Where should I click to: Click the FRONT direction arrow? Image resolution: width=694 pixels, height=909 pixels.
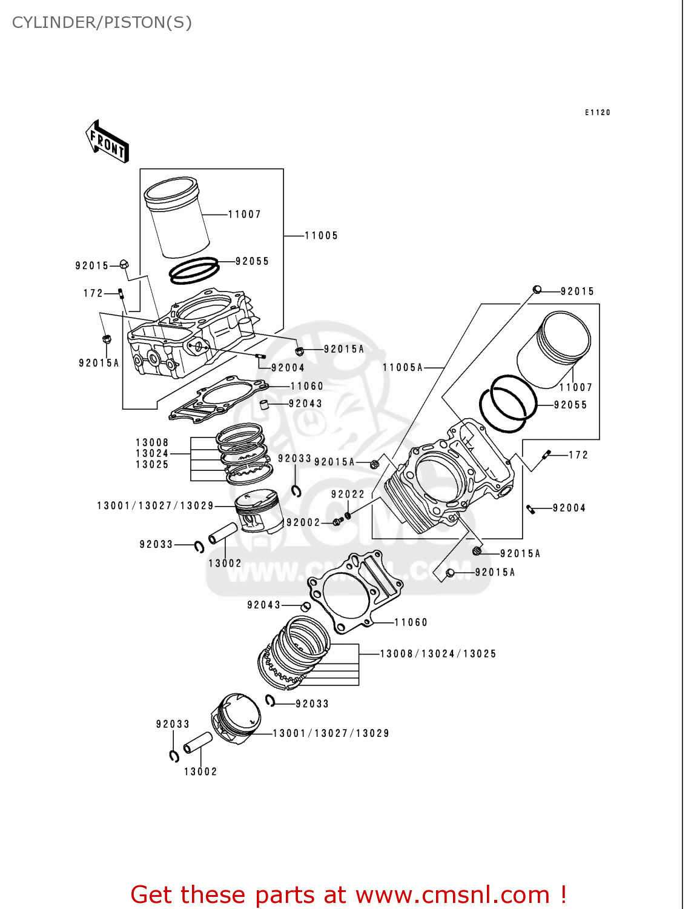[x=108, y=142]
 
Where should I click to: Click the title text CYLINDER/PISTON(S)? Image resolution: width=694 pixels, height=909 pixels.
[x=102, y=22]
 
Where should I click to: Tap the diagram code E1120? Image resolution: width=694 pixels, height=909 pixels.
[x=597, y=113]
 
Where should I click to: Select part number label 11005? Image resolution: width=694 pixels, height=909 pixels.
[x=321, y=236]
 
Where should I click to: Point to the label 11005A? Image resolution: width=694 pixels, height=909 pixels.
[x=403, y=367]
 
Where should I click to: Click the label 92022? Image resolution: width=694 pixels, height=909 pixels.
[x=348, y=494]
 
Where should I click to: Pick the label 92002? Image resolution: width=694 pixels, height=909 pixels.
[x=303, y=522]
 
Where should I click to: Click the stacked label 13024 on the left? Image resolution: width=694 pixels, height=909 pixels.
[x=152, y=453]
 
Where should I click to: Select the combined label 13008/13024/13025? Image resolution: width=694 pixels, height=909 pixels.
[x=438, y=654]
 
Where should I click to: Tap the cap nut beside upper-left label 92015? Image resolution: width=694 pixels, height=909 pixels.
[x=124, y=264]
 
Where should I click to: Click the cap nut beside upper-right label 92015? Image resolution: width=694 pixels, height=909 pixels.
[x=537, y=289]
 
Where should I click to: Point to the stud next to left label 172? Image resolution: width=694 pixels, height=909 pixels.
[x=121, y=294]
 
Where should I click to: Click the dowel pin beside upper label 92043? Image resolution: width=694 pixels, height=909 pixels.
[x=264, y=404]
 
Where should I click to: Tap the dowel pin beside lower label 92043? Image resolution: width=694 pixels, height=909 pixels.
[x=306, y=607]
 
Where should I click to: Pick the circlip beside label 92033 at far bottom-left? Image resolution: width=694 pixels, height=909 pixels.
[x=174, y=756]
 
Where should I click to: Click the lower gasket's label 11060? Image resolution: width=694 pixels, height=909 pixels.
[x=411, y=622]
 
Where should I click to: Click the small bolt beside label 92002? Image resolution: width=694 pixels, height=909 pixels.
[x=337, y=521]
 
